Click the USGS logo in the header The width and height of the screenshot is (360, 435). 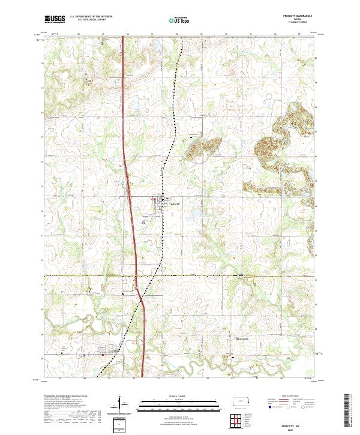click(54, 19)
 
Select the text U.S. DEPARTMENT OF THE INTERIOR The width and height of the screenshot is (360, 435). click(91, 17)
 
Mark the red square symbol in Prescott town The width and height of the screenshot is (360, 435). click(157, 200)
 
